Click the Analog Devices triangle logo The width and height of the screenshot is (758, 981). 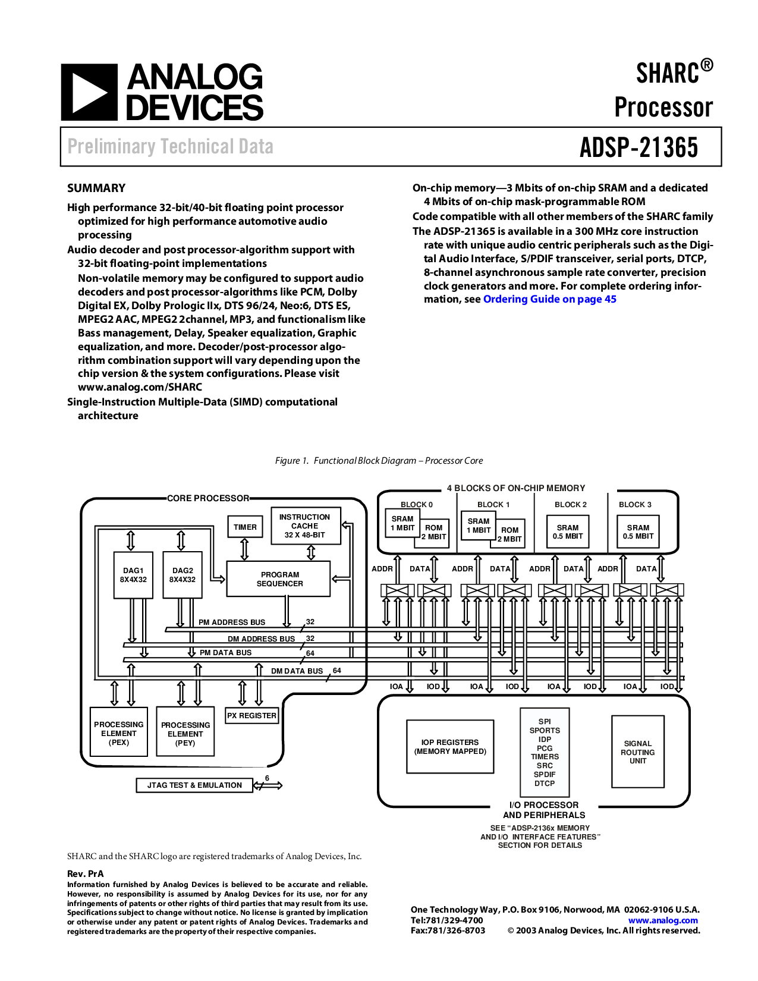[x=89, y=92]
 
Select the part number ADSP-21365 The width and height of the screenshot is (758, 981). [x=639, y=147]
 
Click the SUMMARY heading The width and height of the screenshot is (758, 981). [x=96, y=188]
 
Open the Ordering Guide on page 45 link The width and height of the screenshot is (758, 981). [x=549, y=299]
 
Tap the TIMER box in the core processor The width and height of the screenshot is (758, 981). [x=245, y=527]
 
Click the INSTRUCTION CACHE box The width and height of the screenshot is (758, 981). [x=305, y=526]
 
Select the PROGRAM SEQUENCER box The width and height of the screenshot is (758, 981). [x=279, y=579]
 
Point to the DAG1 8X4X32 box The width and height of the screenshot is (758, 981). [x=133, y=575]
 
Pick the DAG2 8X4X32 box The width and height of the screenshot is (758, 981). [x=183, y=575]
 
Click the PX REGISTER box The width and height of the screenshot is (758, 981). [x=251, y=715]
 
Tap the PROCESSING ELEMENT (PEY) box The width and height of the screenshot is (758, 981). [x=185, y=732]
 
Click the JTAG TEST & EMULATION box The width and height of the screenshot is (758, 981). [x=194, y=785]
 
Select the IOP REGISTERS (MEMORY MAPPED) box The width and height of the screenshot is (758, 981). [x=450, y=746]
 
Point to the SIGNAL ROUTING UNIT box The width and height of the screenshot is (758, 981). [x=637, y=752]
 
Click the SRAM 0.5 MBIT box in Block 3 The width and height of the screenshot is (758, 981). [x=638, y=532]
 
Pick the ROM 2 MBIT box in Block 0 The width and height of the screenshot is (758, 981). [x=434, y=532]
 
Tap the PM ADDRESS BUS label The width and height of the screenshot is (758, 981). [x=232, y=622]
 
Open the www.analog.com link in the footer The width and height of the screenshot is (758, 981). [x=663, y=920]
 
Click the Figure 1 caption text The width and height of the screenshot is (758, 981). [x=379, y=461]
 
